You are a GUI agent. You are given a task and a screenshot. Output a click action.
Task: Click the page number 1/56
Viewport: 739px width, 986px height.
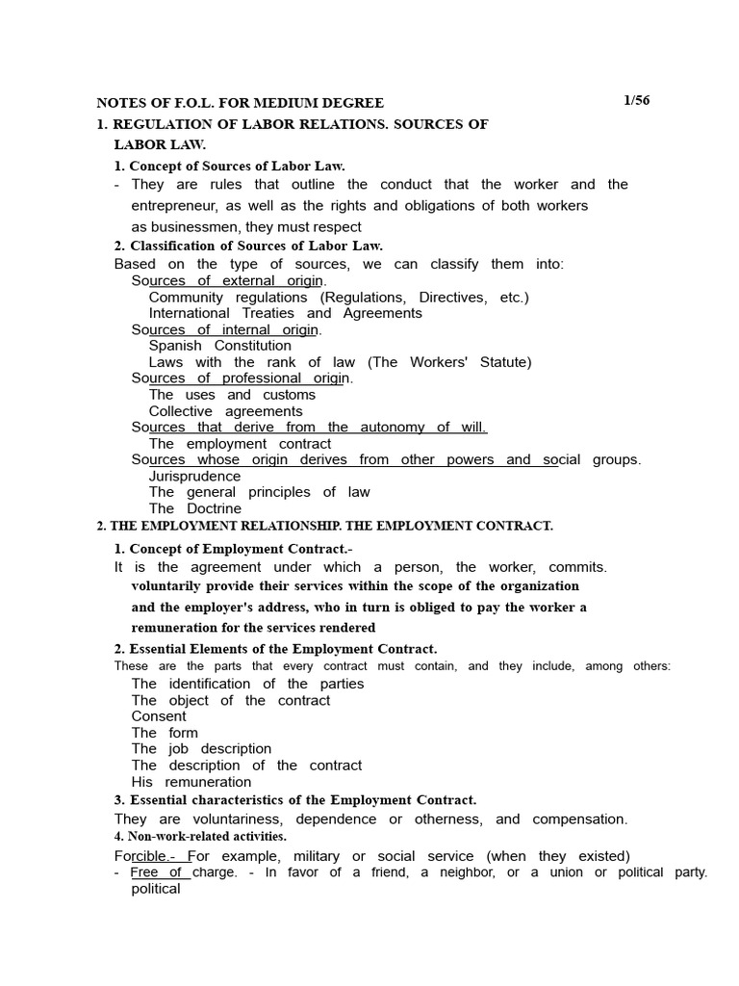click(636, 101)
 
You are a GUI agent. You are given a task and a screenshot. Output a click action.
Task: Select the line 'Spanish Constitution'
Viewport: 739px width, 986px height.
click(219, 346)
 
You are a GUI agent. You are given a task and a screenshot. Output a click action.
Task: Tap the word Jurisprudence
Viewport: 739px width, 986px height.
click(194, 476)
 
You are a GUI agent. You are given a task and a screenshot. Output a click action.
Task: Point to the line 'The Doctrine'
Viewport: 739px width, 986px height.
click(195, 508)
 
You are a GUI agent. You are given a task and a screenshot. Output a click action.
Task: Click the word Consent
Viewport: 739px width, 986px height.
click(159, 716)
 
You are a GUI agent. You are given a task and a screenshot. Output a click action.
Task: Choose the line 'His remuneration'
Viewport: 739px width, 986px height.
click(191, 782)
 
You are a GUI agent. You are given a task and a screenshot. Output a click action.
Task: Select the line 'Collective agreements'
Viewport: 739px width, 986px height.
click(225, 411)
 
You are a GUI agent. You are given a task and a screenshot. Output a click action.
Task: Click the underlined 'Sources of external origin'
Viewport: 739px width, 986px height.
click(228, 281)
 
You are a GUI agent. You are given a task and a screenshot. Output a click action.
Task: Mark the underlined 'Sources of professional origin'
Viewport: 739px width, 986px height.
click(242, 378)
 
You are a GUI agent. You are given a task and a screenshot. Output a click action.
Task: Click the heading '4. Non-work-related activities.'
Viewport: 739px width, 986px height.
click(200, 837)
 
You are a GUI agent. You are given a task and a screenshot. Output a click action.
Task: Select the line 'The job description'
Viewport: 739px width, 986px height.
click(201, 749)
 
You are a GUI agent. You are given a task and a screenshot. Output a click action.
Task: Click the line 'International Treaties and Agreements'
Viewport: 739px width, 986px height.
click(285, 313)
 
